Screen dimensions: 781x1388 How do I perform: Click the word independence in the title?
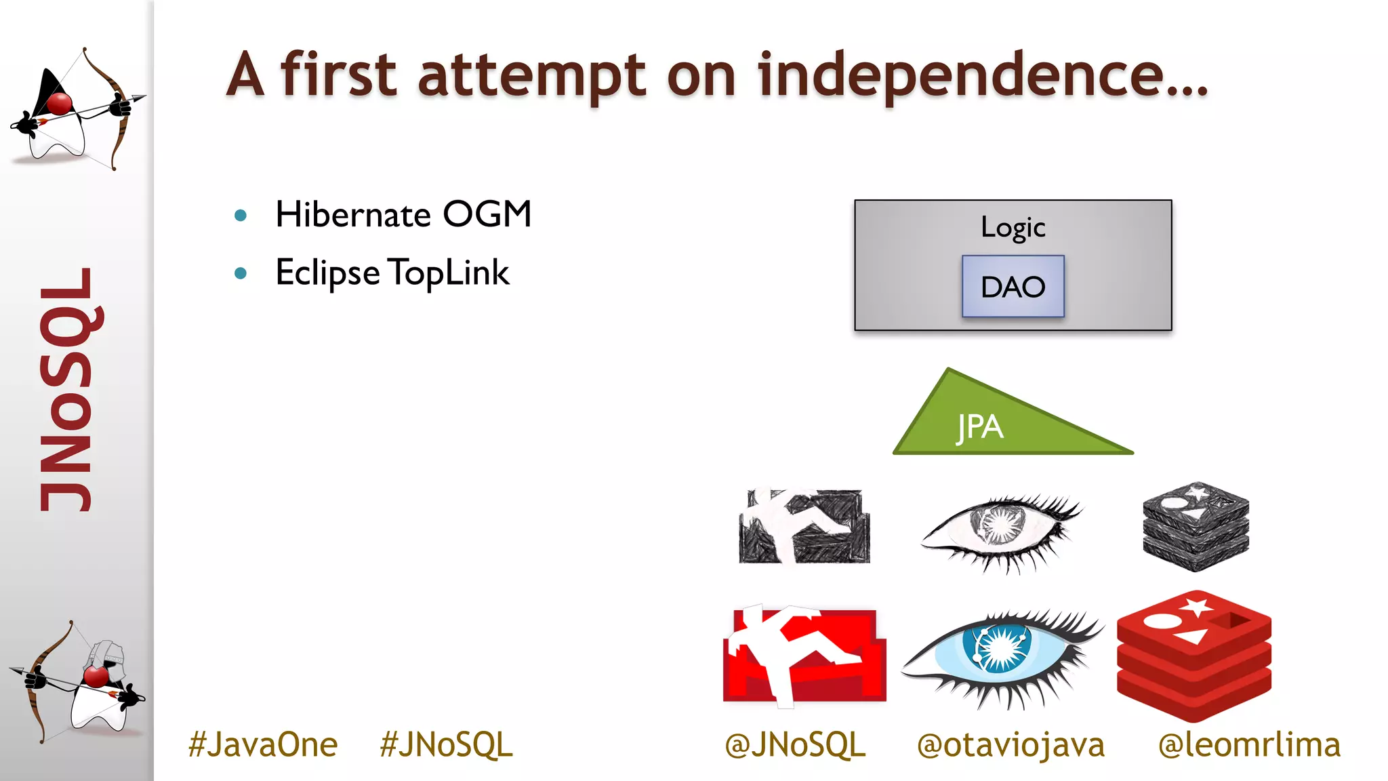pos(983,76)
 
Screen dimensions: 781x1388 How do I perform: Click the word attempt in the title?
pos(532,76)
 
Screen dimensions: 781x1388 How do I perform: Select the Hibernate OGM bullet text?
pos(403,215)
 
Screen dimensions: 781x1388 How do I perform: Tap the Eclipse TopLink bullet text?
pos(392,273)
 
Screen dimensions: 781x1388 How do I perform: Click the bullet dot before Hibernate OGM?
pos(241,216)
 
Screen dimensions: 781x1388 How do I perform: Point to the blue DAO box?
pos(1013,286)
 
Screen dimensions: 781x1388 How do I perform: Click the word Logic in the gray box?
pos(1013,227)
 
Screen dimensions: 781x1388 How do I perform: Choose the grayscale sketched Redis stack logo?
pos(1196,526)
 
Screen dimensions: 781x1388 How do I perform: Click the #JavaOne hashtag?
pos(263,744)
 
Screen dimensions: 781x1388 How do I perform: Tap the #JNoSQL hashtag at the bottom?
pos(446,744)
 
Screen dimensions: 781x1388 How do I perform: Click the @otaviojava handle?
pos(1011,744)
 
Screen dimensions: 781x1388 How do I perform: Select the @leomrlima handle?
pos(1249,744)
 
